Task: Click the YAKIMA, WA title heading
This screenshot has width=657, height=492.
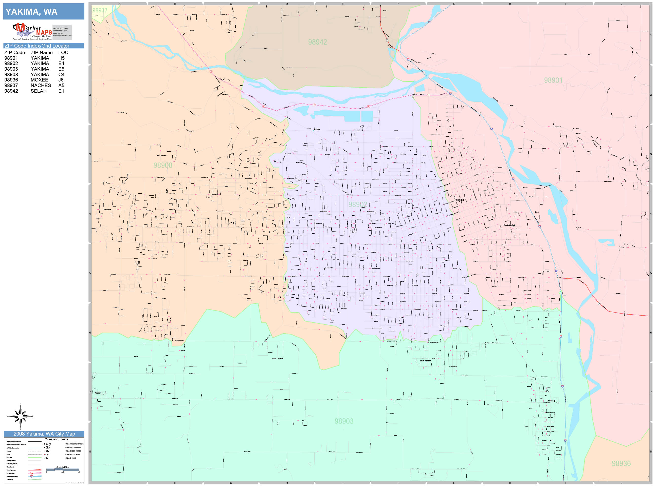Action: [x=31, y=12]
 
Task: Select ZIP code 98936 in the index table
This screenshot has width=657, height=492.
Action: [x=11, y=80]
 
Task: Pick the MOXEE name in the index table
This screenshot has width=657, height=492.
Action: [x=39, y=80]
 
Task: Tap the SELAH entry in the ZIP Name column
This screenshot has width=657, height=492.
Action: [x=39, y=91]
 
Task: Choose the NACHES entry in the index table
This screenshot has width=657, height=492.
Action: [x=41, y=85]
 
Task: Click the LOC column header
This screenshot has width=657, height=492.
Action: [x=63, y=52]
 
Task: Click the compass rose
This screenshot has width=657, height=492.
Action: [x=20, y=416]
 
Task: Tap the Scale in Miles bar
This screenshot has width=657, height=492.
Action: [x=63, y=469]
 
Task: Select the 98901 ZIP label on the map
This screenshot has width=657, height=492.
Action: [x=553, y=80]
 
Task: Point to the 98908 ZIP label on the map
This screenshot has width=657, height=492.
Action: [x=163, y=166]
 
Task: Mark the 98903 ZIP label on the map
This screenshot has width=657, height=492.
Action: [x=344, y=421]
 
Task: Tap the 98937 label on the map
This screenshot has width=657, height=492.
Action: [x=100, y=10]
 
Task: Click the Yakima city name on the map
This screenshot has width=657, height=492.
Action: [x=460, y=200]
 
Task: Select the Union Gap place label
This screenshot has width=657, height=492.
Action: [x=551, y=401]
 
